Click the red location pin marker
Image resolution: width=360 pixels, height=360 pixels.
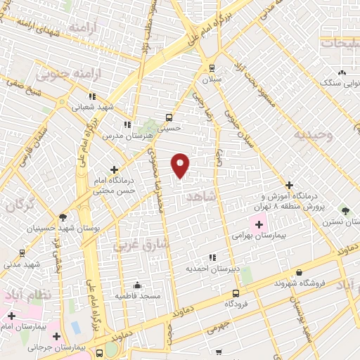(181, 165)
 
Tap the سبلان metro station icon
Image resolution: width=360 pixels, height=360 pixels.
(212, 68)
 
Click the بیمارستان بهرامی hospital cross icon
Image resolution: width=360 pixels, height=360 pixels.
(259, 225)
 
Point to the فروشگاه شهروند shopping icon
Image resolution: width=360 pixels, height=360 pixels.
(300, 272)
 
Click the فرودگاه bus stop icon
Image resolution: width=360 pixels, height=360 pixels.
(235, 293)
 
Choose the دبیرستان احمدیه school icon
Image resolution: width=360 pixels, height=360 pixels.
(212, 257)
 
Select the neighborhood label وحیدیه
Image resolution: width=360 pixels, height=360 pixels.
(313, 134)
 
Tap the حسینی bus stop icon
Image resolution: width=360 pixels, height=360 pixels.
(169, 117)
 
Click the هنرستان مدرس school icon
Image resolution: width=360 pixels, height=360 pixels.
(127, 124)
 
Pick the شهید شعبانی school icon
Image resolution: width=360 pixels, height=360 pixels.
(92, 97)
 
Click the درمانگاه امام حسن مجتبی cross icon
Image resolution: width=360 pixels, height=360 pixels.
(115, 169)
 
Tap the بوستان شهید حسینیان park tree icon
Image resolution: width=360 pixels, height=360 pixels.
(63, 217)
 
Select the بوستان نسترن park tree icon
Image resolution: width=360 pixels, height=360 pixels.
(345, 210)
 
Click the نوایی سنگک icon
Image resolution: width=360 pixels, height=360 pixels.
(342, 72)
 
